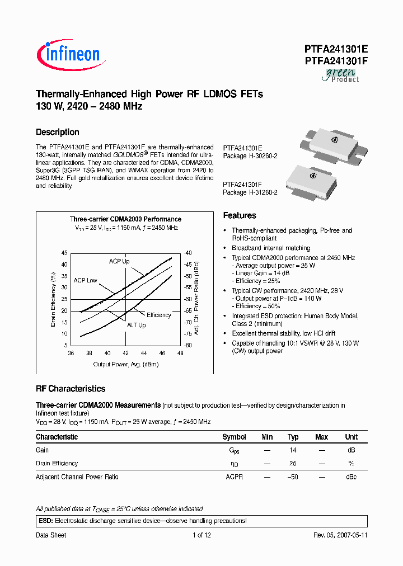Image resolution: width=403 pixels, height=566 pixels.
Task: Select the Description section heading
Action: pos(58,132)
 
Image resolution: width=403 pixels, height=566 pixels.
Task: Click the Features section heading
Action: pos(240,215)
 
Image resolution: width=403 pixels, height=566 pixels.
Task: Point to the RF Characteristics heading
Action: pos(71,389)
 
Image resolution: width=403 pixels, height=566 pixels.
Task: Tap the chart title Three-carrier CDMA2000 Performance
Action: pos(125,219)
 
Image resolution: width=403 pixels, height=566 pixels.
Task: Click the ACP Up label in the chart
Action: pos(119,261)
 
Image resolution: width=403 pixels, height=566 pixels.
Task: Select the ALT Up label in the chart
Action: pos(136,325)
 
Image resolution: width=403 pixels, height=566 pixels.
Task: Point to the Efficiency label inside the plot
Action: pos(159,315)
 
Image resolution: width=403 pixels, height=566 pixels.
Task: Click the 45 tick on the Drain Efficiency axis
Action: pos(64,253)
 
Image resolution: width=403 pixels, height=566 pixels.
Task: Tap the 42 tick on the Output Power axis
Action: pos(125,353)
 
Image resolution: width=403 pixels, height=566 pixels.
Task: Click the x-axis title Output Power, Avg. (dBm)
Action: pos(125,365)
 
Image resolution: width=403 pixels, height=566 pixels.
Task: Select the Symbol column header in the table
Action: pos(234,437)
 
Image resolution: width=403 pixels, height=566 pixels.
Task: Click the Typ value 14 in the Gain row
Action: pos(293,450)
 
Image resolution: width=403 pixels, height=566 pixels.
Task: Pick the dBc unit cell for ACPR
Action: pos(351,477)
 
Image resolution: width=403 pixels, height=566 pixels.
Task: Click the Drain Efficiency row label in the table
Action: pos(57,463)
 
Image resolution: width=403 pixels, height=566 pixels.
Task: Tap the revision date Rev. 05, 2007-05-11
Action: pos(340,535)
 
